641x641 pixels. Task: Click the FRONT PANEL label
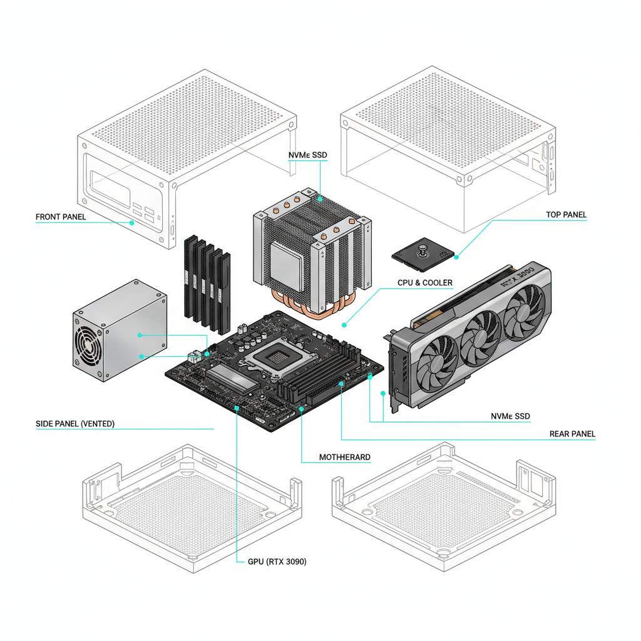point(61,217)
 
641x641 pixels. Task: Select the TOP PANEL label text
point(566,215)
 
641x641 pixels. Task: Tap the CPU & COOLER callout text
point(424,283)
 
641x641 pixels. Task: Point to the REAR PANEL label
point(572,434)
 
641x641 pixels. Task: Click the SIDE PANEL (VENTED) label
point(75,424)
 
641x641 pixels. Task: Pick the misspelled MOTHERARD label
point(344,458)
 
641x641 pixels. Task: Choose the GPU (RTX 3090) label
point(273,562)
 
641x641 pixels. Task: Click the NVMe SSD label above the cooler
point(307,155)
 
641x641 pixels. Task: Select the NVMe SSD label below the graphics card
point(510,416)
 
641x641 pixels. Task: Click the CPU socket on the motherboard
point(273,357)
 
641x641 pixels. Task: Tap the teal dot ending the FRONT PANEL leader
point(132,222)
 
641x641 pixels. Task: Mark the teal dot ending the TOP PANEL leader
point(457,256)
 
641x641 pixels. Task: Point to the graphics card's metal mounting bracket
point(393,369)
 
